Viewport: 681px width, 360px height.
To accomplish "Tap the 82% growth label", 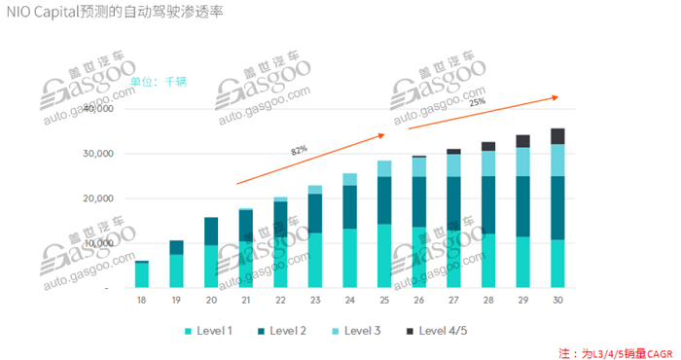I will [x=299, y=150].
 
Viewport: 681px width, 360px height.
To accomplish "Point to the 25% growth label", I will [x=478, y=101].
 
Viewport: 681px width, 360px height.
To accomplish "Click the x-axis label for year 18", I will [x=141, y=302].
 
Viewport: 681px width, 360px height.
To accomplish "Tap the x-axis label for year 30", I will [x=556, y=302].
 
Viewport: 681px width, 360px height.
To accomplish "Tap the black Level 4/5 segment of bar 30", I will [x=557, y=136].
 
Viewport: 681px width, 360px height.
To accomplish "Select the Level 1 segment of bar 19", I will [x=176, y=270].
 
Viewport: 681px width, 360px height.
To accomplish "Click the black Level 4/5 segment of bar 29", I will [x=523, y=141].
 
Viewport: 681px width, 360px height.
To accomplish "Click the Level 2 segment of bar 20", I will [x=211, y=231].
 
